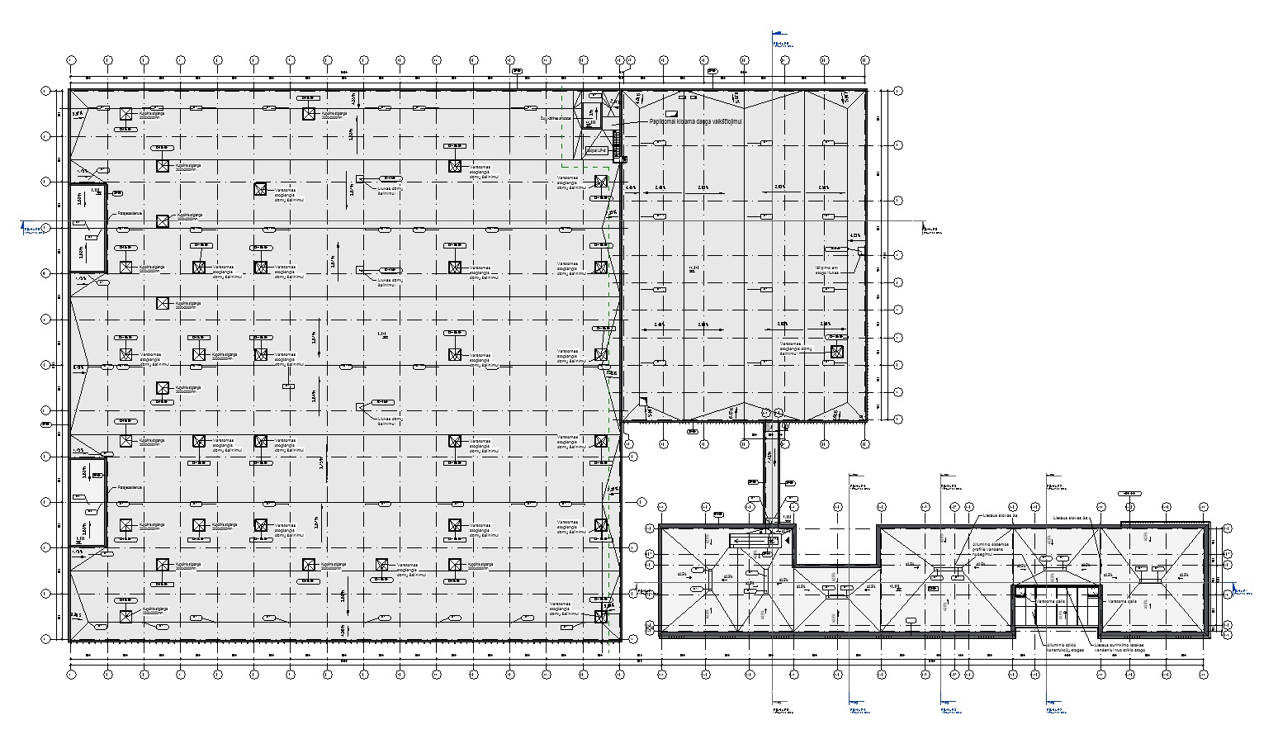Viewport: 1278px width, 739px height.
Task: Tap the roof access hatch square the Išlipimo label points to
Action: [x=862, y=250]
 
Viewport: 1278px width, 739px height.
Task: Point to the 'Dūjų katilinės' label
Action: [x=556, y=118]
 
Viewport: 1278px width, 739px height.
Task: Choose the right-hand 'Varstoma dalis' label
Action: [x=1122, y=601]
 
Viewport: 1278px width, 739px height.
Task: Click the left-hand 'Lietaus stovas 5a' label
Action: [x=999, y=515]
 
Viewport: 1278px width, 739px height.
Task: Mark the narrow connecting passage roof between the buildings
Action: [x=771, y=471]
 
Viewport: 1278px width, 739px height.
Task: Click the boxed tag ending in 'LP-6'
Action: [x=596, y=151]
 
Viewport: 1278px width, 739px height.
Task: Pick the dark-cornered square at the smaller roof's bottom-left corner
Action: [x=649, y=410]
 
